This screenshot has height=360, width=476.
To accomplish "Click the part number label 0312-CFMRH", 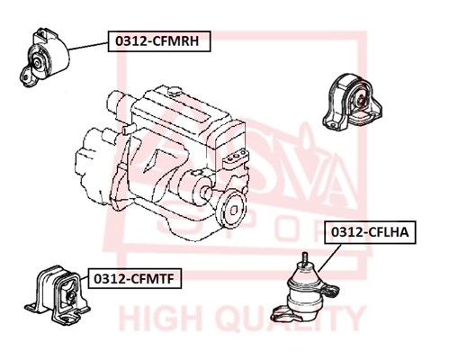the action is [x=159, y=41].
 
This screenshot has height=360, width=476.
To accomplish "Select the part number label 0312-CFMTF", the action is [x=134, y=278].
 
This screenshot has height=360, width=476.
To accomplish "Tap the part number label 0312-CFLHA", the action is [x=370, y=232].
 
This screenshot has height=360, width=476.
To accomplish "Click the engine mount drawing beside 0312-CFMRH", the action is [x=43, y=58].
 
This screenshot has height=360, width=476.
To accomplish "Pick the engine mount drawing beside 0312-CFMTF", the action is [x=57, y=295].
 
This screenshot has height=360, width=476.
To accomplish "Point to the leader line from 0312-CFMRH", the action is [x=88, y=46].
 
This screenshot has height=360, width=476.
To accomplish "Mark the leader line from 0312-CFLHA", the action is [x=330, y=257].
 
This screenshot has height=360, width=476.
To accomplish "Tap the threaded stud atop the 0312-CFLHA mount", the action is [x=304, y=259].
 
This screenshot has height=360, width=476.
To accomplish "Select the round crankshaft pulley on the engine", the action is [x=232, y=210].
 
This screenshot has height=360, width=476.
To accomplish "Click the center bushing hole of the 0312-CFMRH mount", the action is [x=37, y=63].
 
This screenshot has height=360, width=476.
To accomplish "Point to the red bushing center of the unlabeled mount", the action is [x=360, y=100].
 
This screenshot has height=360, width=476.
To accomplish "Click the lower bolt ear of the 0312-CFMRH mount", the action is [x=27, y=76].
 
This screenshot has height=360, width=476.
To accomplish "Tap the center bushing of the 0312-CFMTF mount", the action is [x=70, y=296].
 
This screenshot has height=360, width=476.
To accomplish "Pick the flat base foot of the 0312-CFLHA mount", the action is [x=284, y=314].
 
